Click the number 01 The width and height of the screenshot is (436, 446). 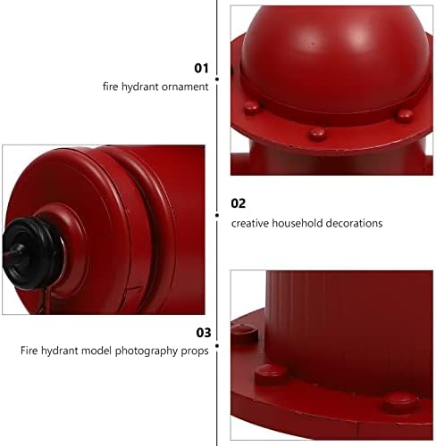click(201, 68)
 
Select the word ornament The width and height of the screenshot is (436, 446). click(185, 87)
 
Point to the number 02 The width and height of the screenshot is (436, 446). click(239, 203)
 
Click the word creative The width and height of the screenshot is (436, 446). click(250, 223)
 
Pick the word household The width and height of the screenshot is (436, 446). click(298, 223)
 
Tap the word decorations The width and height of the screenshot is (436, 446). click(355, 223)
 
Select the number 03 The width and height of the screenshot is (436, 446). click(204, 333)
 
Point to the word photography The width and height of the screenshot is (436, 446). click(147, 351)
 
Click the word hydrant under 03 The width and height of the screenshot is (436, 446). click(60, 351)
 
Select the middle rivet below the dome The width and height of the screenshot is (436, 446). click(316, 134)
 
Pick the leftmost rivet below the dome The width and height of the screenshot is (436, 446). click(252, 107)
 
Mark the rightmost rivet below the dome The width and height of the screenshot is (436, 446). click(405, 116)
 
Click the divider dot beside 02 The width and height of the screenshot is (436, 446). click(217, 215)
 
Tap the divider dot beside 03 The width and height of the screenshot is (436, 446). click(217, 346)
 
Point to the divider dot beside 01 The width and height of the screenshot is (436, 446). click(217, 79)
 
